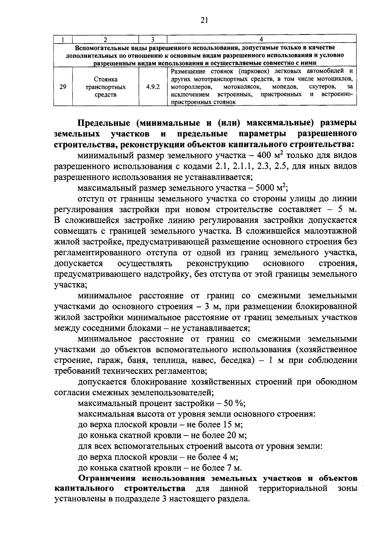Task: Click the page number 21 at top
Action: (204, 20)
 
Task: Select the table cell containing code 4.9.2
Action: (152, 87)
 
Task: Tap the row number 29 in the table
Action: (63, 87)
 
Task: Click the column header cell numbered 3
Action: (152, 40)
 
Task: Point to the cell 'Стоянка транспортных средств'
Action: (106, 87)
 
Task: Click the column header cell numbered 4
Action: (262, 40)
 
